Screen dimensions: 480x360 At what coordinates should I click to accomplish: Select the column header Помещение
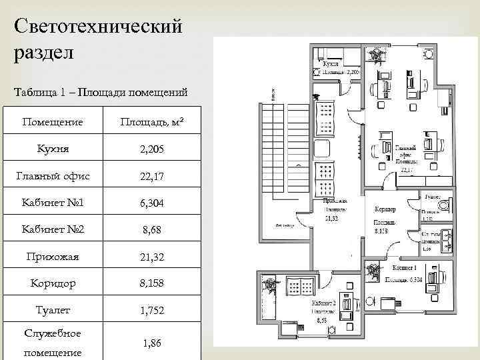[53, 122]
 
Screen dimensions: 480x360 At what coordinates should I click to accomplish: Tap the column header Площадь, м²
[151, 122]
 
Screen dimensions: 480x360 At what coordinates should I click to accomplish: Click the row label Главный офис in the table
[53, 176]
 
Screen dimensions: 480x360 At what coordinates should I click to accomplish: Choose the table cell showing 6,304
[151, 203]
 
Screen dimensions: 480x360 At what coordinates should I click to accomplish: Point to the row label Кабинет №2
[53, 229]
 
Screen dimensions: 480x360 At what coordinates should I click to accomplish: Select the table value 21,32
[151, 256]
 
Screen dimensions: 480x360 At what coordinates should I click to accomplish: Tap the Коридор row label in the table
[53, 283]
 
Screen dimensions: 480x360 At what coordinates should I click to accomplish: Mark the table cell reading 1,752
[151, 310]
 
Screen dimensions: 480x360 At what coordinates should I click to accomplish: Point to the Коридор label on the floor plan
[385, 209]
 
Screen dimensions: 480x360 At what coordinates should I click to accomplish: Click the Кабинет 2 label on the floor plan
[323, 302]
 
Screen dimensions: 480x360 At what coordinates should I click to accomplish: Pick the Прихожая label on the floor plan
[334, 200]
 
